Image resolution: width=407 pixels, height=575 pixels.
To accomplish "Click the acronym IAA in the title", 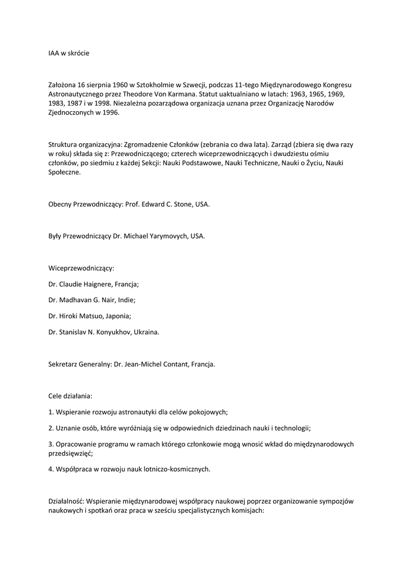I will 54,53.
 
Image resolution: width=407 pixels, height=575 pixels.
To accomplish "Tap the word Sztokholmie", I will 148,84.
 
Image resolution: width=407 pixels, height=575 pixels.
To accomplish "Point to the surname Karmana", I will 181,94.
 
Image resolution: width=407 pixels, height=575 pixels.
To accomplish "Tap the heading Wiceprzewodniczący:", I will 81,268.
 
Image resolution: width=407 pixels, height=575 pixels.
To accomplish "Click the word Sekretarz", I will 64,364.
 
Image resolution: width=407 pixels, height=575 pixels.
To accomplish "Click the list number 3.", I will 51,444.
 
